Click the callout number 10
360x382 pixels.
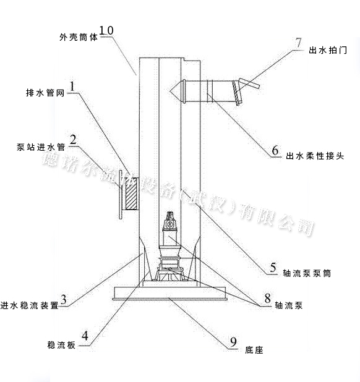click(x=106, y=30)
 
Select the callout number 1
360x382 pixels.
click(x=72, y=87)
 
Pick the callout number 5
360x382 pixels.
click(x=273, y=268)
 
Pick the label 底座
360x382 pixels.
click(x=254, y=350)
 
